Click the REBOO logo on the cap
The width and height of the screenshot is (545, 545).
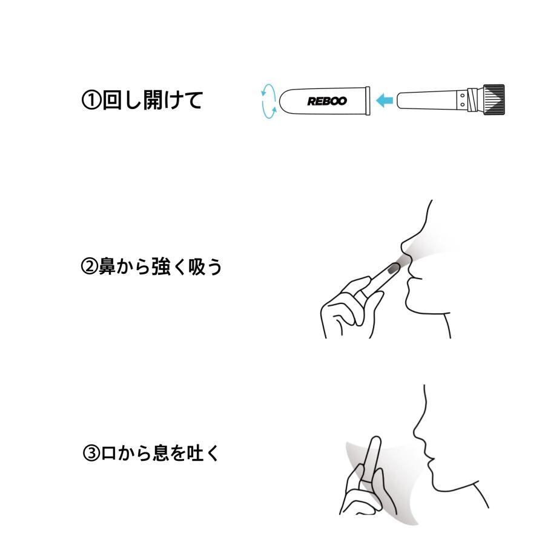coord(327,101)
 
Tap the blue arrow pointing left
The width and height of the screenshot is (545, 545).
coord(385,100)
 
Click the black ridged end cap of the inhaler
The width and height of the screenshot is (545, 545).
coord(493,99)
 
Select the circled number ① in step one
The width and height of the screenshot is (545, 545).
coord(91,100)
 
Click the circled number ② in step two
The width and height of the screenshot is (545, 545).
coord(90,266)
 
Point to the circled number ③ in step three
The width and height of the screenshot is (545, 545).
coord(91,453)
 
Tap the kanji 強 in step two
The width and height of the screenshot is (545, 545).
coord(160,266)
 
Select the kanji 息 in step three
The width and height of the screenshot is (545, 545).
coord(160,453)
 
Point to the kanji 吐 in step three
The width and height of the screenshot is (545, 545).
coord(194,453)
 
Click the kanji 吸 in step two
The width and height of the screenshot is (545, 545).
coord(197,266)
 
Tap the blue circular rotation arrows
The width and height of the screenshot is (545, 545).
coord(269,101)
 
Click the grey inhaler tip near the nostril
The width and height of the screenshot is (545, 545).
coord(394,268)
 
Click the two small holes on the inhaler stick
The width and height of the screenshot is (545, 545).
coord(462,100)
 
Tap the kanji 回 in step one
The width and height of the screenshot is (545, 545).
coord(112,100)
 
